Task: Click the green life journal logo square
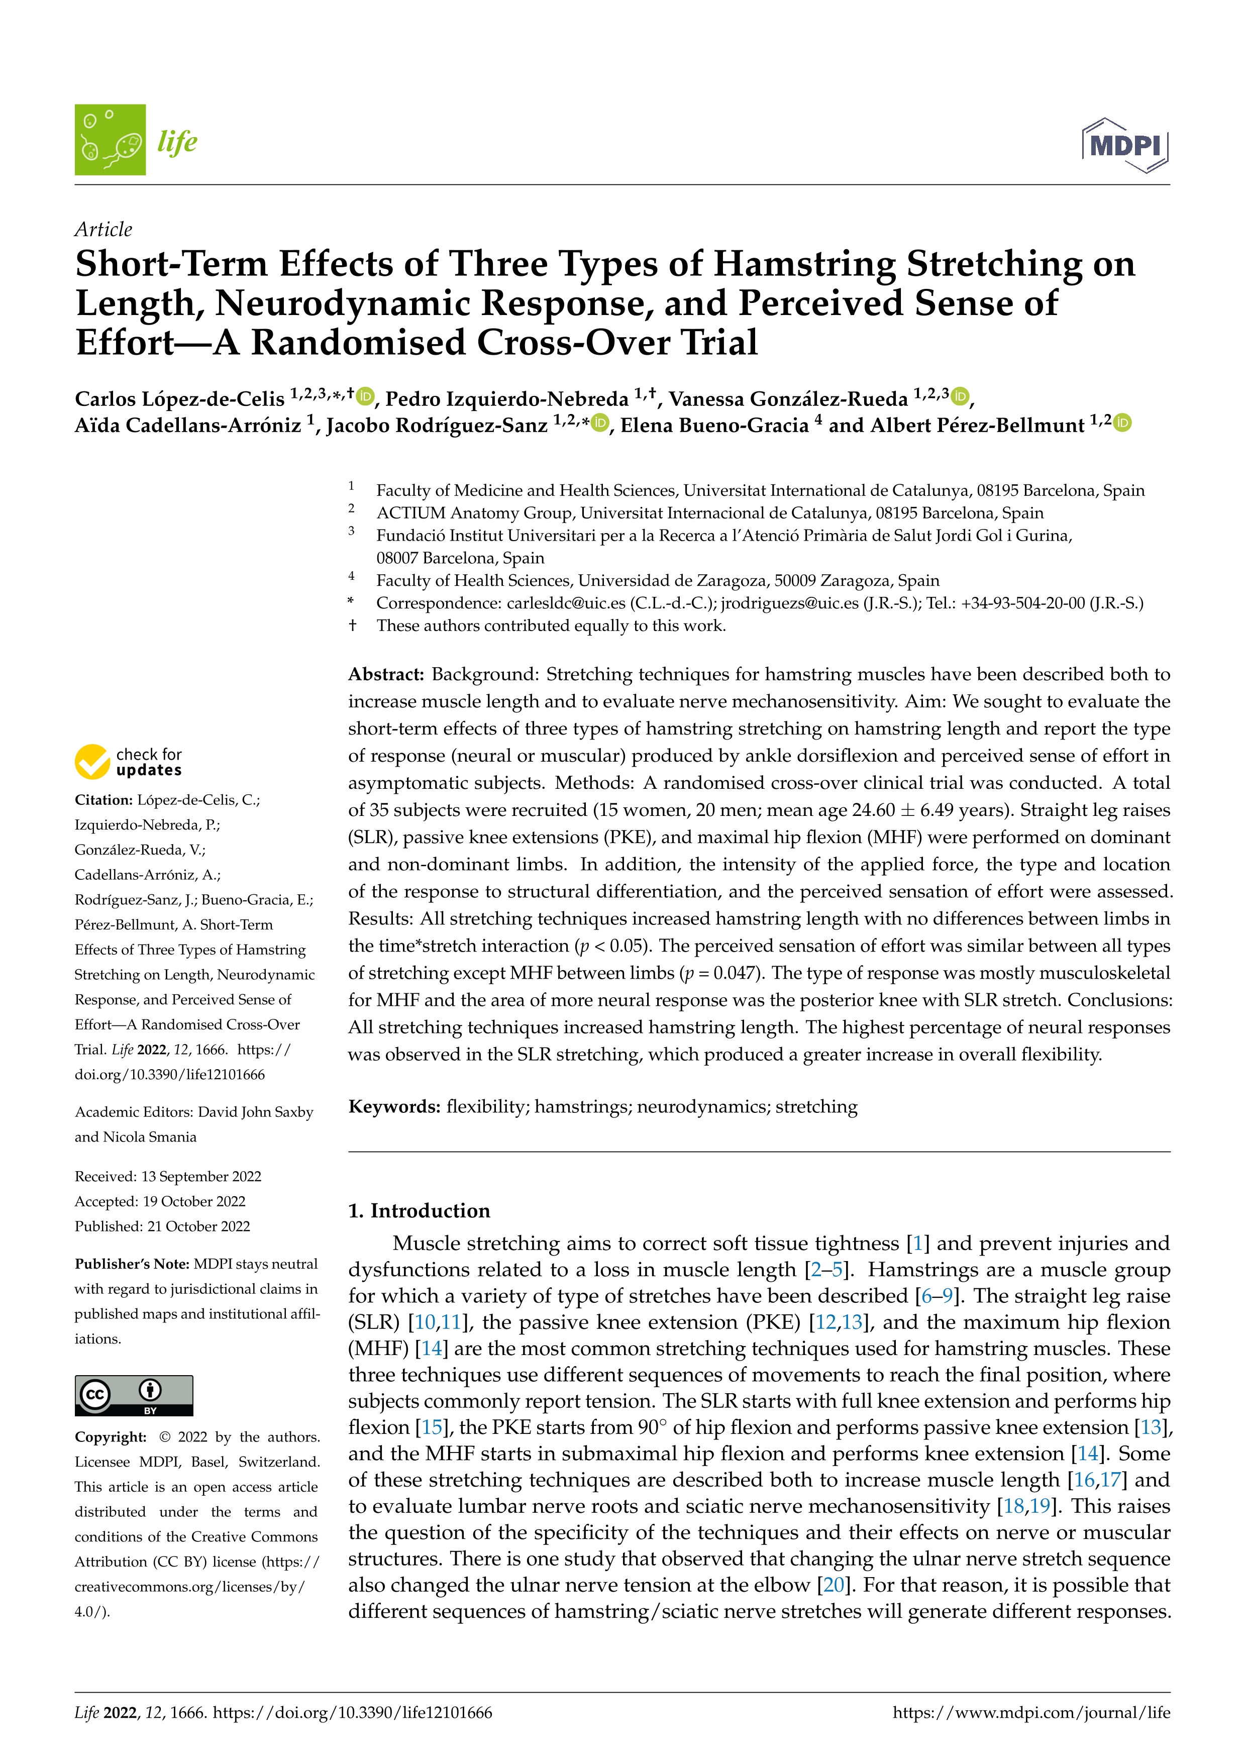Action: (x=110, y=140)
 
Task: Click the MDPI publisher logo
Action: (x=1125, y=144)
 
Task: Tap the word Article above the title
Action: (x=103, y=230)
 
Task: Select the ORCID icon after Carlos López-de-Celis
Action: (x=365, y=396)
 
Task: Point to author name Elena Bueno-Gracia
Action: (x=714, y=425)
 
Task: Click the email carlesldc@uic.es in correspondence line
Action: (x=566, y=603)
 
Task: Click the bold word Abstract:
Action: (x=386, y=675)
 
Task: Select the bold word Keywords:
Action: (x=394, y=1107)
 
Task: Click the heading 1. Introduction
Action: (x=419, y=1210)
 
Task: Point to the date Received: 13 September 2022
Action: (x=167, y=1177)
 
